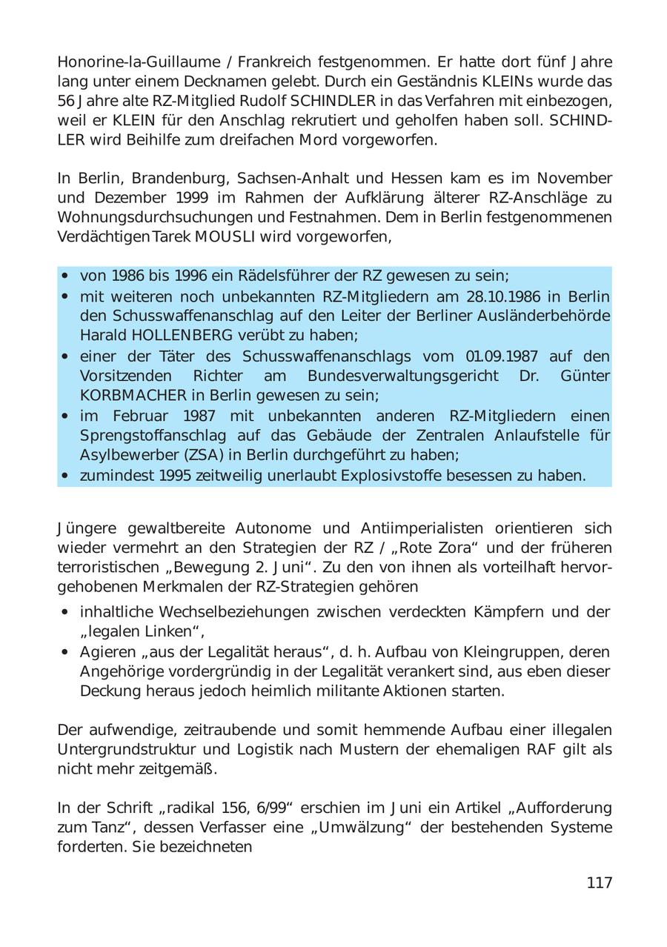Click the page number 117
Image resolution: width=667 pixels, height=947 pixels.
click(599, 883)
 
